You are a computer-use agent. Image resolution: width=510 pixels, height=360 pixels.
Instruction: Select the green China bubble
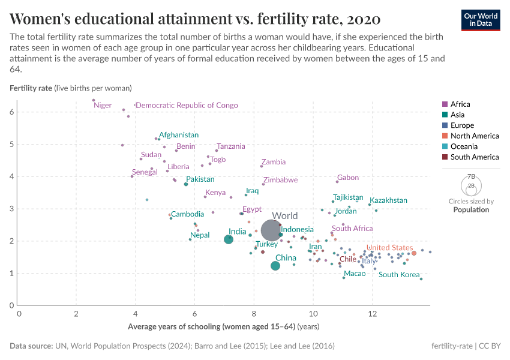click(275, 266)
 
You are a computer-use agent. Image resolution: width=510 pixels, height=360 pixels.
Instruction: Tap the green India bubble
click(229, 239)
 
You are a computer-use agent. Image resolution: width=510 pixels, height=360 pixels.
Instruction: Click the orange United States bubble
click(414, 253)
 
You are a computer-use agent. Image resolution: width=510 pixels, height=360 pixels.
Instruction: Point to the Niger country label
click(103, 106)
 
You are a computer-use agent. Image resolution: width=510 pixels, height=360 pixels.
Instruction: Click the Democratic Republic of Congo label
click(187, 106)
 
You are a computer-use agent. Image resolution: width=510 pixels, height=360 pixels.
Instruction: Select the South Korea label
click(399, 275)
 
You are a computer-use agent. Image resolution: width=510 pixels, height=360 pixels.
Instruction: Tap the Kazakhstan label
click(388, 200)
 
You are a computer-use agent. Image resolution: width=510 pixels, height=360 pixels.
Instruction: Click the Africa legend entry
click(460, 104)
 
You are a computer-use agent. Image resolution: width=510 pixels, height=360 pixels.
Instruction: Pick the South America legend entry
click(474, 157)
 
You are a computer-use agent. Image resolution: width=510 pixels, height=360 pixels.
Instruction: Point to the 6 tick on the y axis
click(12, 112)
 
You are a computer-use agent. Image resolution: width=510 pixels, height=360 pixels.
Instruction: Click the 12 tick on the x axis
click(373, 314)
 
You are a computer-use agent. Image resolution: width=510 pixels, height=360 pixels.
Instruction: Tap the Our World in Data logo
click(481, 20)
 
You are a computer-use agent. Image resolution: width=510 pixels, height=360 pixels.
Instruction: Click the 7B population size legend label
click(471, 177)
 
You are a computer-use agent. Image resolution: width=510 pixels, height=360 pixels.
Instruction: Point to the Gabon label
click(348, 178)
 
